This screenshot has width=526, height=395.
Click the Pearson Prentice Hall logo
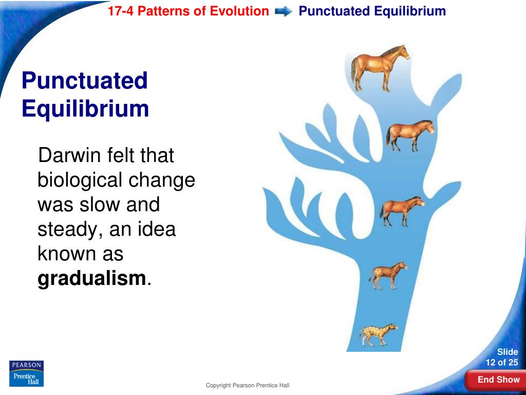coord(26,373)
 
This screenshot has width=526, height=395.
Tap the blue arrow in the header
coord(284,11)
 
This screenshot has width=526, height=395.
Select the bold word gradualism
coord(92,278)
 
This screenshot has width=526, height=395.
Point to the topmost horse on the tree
coord(380,67)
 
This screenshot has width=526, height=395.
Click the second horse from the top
coord(409,135)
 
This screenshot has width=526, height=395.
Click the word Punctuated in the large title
coord(85,81)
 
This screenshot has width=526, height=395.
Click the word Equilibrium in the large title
coord(85,109)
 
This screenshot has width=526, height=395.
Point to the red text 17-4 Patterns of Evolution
coord(188,11)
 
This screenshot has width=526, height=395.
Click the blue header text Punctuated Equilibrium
coord(372,11)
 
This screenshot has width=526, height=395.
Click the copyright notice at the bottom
coord(248,386)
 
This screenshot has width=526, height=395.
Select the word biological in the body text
coord(80,180)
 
